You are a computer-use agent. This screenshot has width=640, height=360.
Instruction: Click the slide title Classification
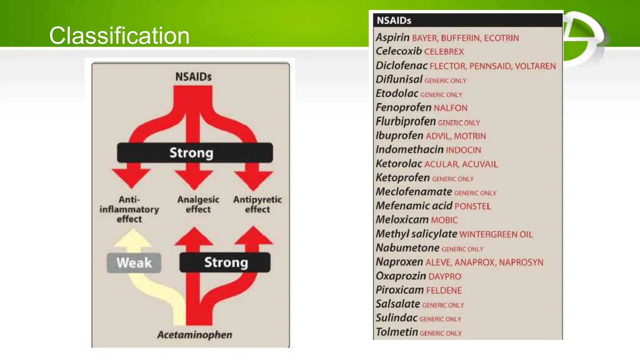119,35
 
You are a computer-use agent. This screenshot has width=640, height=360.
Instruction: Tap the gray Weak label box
134,262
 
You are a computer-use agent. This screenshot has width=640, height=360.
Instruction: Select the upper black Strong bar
194,153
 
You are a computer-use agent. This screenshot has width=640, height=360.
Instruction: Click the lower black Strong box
225,262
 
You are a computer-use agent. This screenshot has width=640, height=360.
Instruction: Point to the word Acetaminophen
195,335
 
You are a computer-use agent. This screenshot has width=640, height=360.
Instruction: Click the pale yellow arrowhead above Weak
133,239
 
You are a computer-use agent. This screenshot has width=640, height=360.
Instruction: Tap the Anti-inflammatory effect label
129,209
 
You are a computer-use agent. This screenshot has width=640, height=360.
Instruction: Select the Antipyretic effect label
257,204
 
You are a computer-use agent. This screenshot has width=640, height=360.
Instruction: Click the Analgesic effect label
198,204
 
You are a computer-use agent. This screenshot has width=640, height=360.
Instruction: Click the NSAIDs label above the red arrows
193,77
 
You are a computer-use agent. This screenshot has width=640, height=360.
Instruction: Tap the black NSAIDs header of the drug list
467,20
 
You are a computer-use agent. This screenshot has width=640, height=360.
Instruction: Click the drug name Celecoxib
398,51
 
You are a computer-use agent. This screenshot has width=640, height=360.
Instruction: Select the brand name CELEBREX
444,52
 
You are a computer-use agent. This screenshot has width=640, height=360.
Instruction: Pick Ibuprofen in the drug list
399,136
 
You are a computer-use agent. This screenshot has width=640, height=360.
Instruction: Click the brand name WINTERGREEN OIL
496,234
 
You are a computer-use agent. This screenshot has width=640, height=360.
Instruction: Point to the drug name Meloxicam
402,220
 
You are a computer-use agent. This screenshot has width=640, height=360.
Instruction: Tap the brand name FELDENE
444,290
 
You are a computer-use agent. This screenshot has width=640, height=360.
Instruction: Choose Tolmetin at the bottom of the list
397,332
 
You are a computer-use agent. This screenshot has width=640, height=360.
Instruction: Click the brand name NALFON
450,108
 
